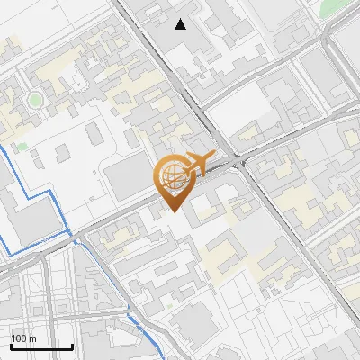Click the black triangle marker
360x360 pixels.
tap(182, 24)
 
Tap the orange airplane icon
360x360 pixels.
tap(195, 165)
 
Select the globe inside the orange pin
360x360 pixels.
tap(170, 175)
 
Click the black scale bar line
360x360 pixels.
tap(41, 346)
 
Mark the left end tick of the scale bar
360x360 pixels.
tap(11, 345)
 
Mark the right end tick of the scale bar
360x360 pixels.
tap(72, 345)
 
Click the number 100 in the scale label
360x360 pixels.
tap(19, 337)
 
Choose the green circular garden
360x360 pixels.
tap(35, 99)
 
